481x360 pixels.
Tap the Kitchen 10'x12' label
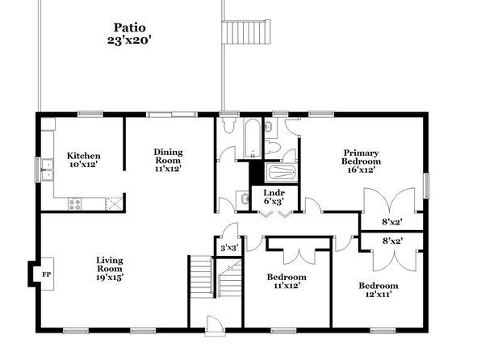83,160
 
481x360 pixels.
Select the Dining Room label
168,160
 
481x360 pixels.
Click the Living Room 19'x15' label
110,269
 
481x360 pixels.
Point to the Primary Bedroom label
362,161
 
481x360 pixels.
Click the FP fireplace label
47,274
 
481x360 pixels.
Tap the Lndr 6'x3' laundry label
274,197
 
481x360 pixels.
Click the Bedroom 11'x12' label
287,281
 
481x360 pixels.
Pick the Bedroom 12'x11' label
379,290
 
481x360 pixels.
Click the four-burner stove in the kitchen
74,204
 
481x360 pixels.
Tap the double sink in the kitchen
48,170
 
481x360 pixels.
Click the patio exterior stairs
246,32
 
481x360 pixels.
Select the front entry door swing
214,324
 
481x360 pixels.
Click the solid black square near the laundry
257,173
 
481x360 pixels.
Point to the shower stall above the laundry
281,173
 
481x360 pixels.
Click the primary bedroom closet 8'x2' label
392,222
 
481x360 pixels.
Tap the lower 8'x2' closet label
393,241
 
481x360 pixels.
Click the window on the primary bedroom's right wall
426,186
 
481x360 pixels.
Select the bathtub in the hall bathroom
253,138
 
